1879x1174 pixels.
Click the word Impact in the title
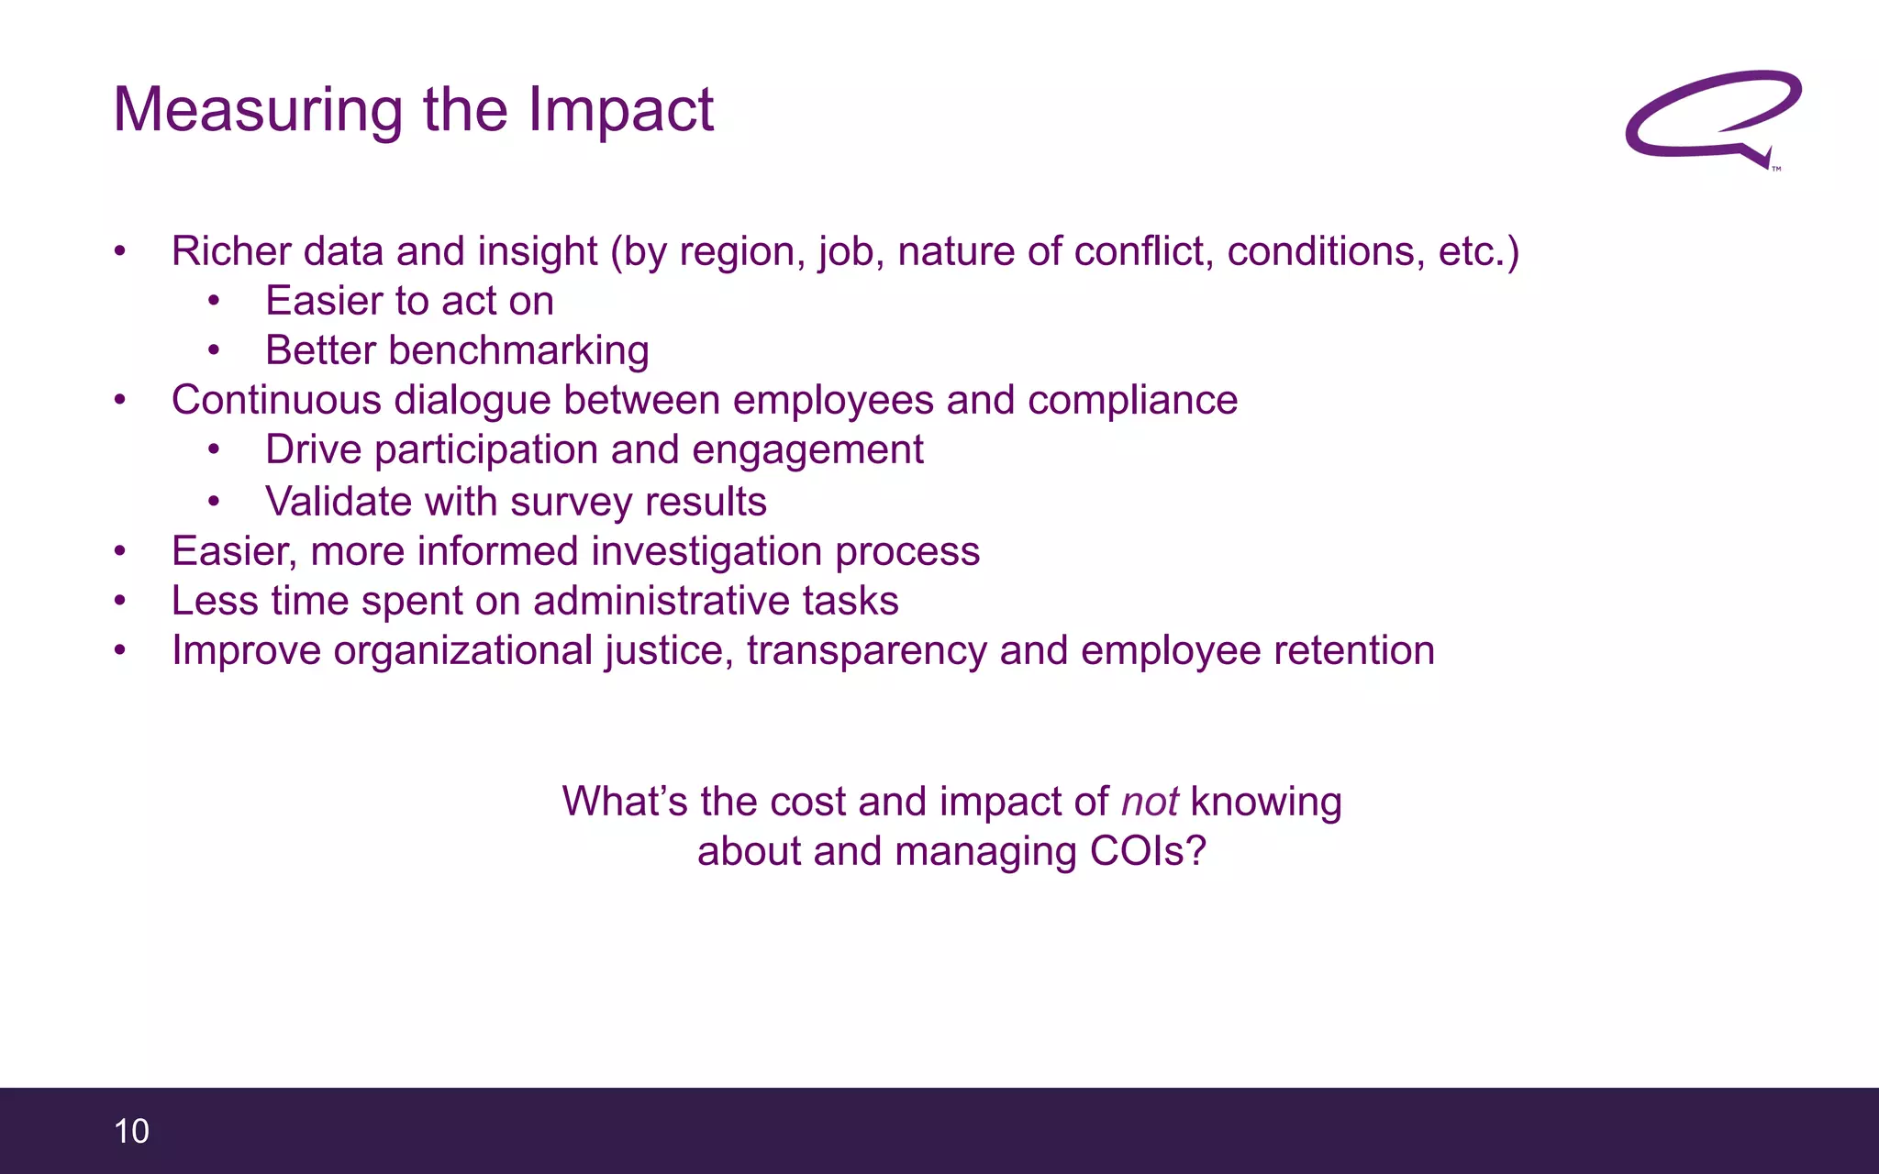620,111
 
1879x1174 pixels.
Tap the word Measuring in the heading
258,111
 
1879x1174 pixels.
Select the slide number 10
131,1131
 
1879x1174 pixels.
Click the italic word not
1150,802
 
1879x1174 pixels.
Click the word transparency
867,650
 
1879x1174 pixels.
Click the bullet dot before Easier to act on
214,301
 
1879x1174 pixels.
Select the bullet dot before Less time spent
120,601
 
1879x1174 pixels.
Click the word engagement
807,449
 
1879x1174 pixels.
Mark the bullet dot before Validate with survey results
214,502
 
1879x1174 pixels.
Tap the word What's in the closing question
625,802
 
